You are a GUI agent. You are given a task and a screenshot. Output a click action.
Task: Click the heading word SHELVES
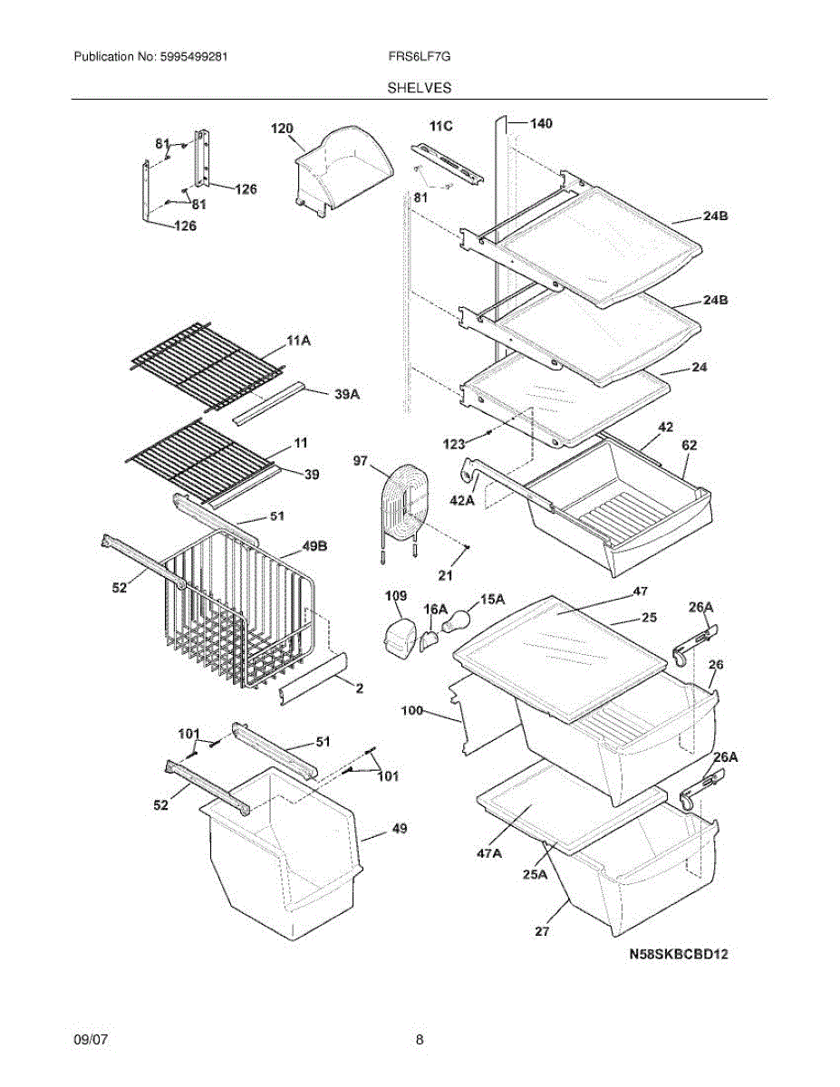(420, 88)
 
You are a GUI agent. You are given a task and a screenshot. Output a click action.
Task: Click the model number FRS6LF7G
(419, 56)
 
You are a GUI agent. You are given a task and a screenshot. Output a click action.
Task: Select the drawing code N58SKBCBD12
(680, 953)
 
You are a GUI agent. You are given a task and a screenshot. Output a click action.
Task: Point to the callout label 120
(282, 129)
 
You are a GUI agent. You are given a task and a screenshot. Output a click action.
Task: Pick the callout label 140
(541, 123)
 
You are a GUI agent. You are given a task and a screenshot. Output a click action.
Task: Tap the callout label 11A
(299, 341)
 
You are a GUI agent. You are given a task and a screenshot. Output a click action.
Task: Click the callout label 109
(396, 597)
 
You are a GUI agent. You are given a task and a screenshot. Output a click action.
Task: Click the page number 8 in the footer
(420, 1040)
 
